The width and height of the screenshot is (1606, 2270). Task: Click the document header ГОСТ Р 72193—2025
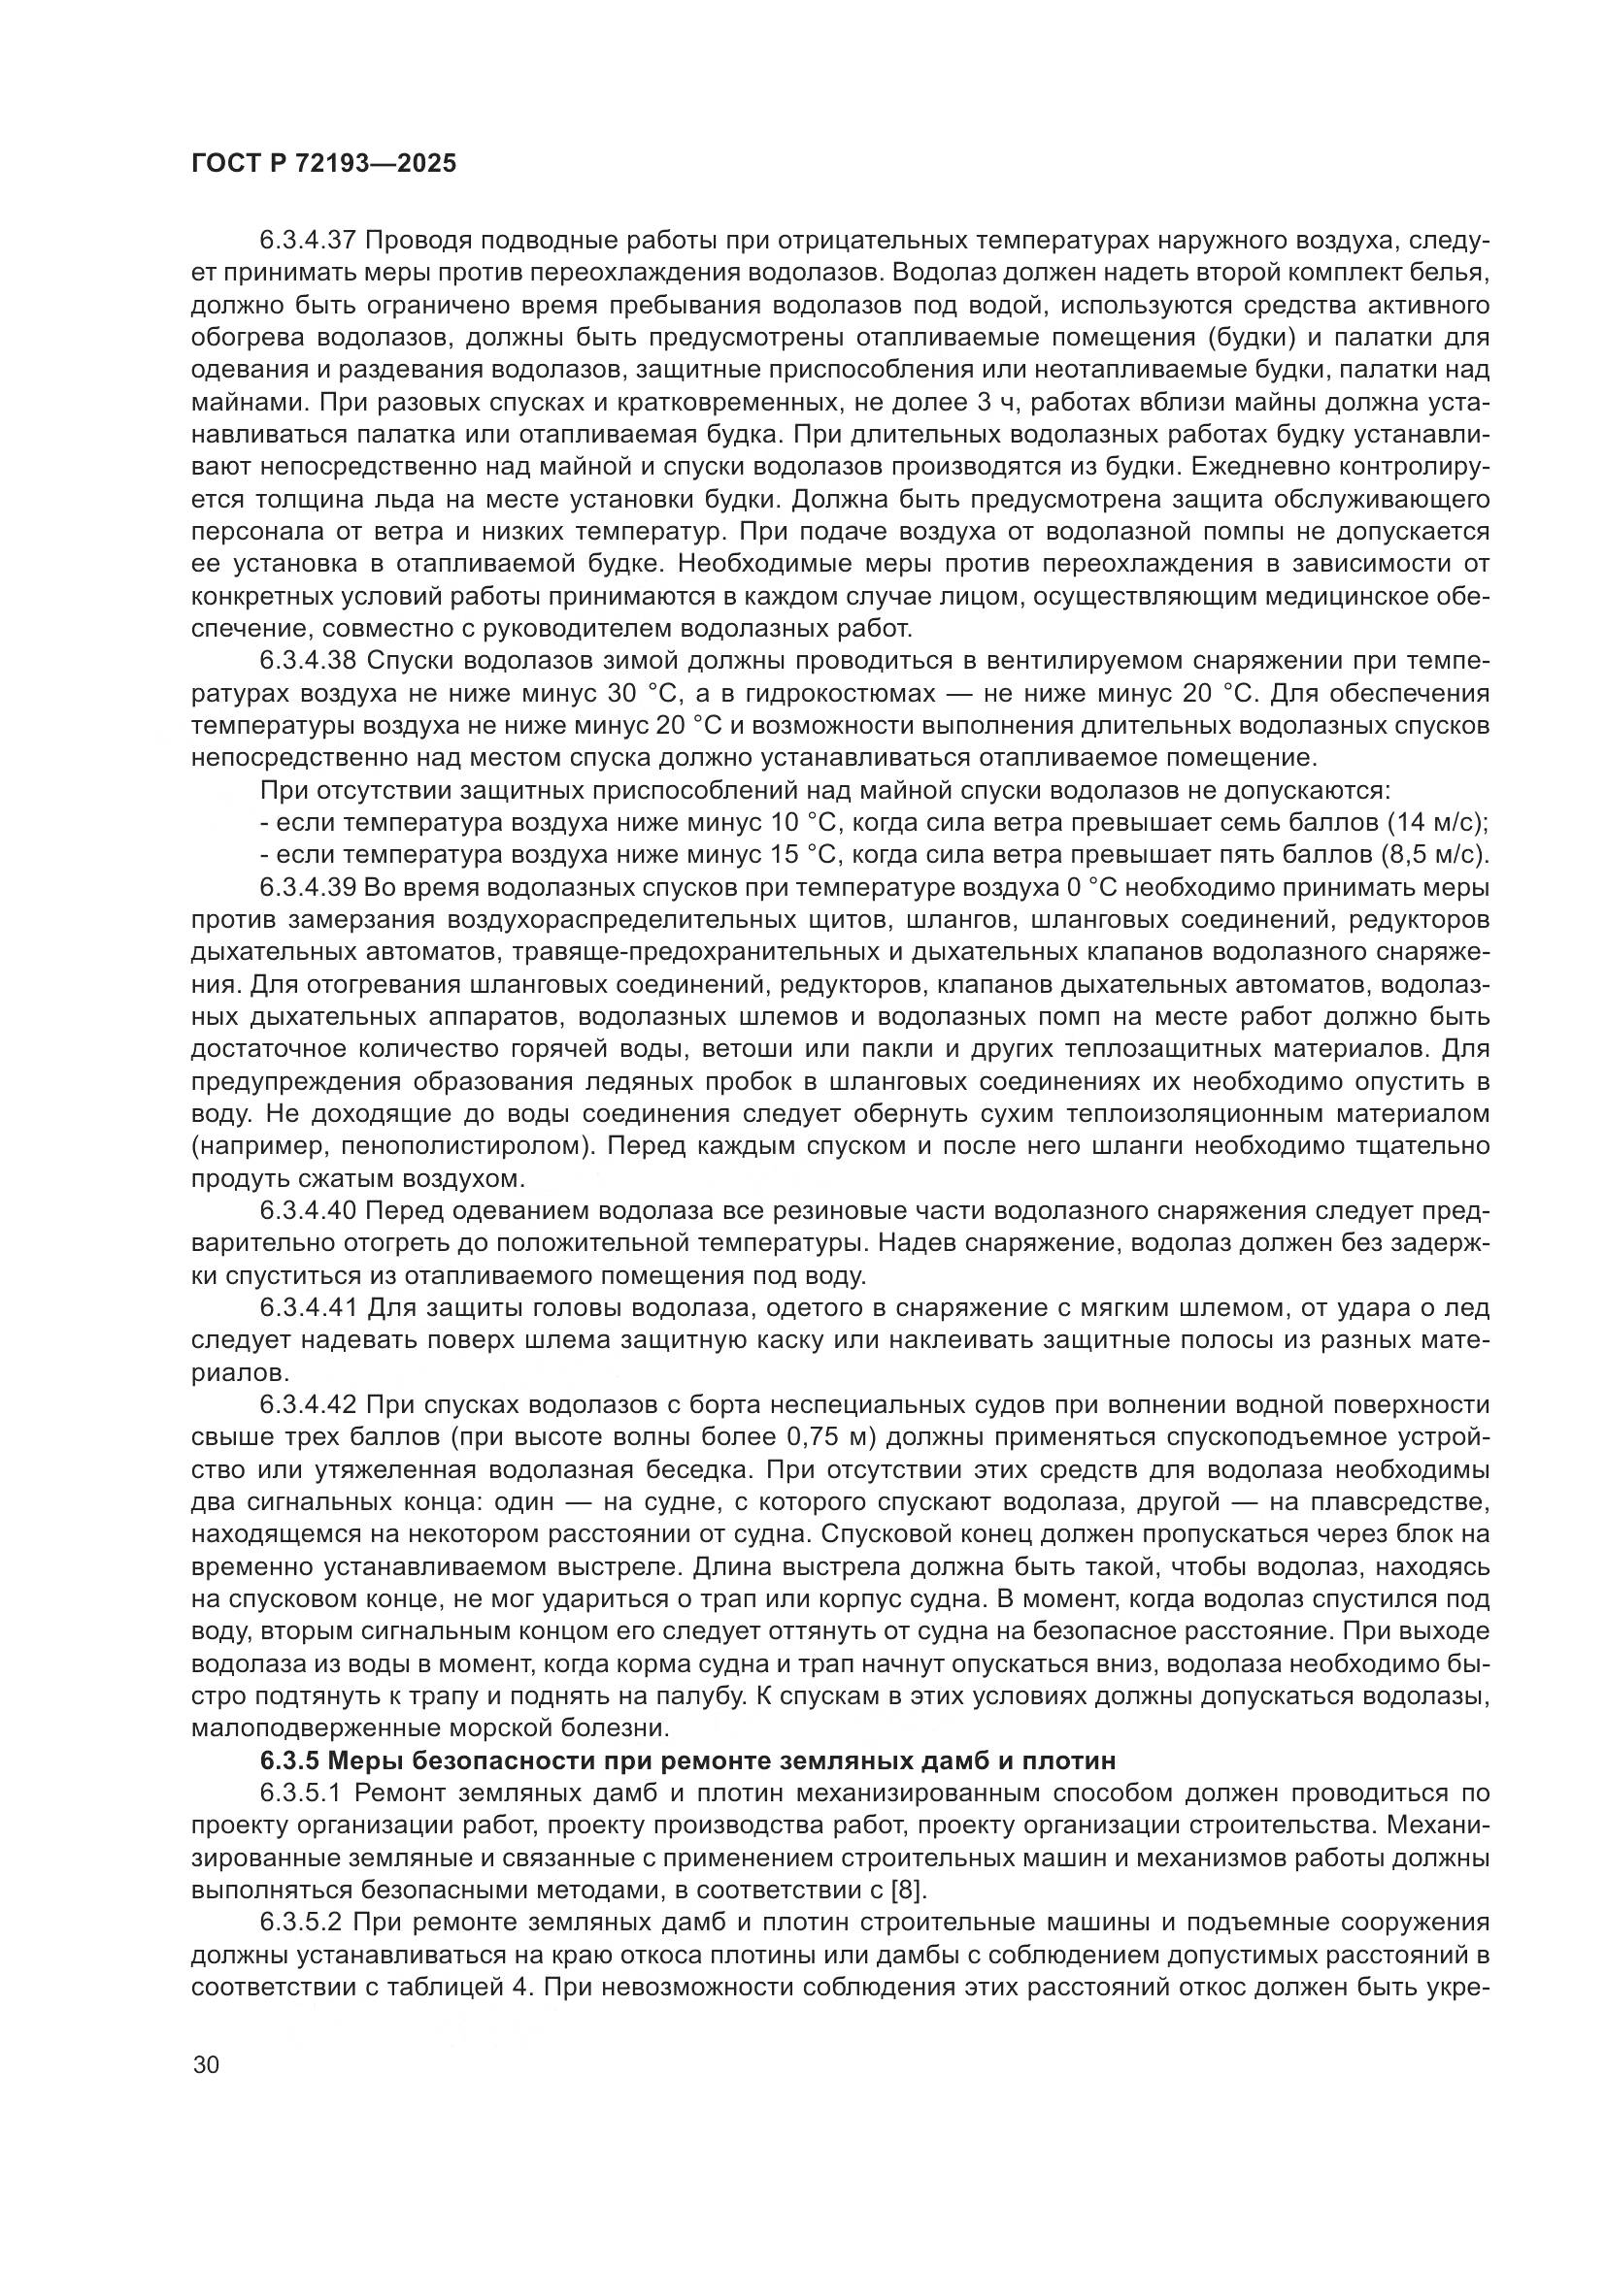click(x=323, y=164)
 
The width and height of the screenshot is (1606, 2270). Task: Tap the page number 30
click(x=207, y=2064)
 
